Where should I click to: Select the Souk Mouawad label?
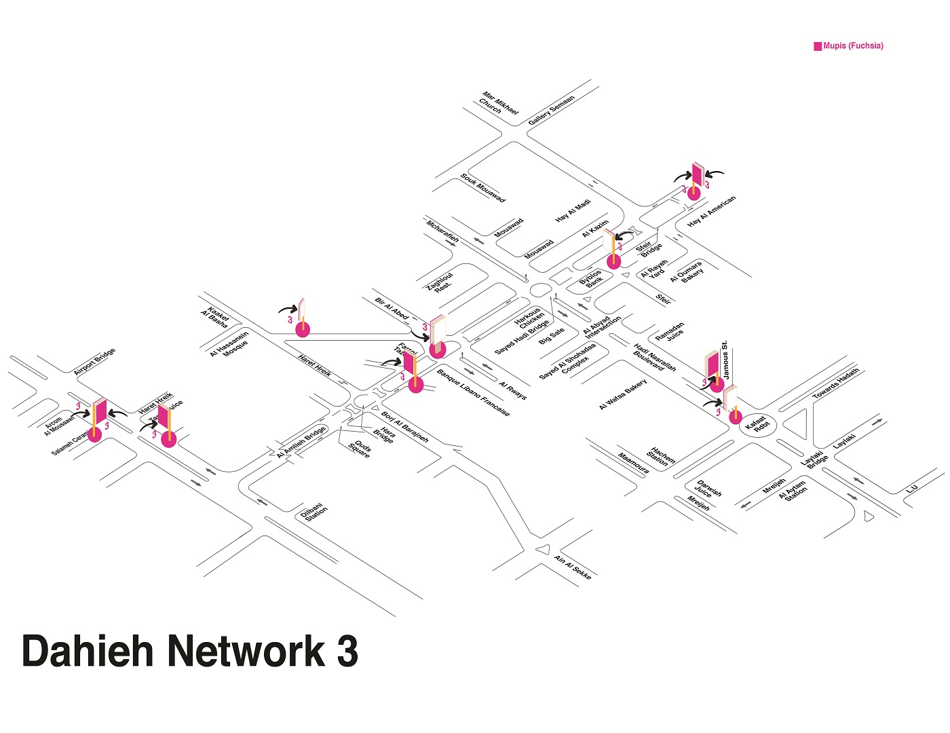pos(482,188)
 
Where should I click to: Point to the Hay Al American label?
pos(711,211)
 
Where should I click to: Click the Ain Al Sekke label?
pos(573,567)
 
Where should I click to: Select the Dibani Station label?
pos(314,512)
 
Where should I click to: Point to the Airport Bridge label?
pos(94,361)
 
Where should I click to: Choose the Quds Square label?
pos(360,449)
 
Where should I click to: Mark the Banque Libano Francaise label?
pos(473,393)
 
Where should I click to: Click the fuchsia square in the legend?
pos(818,46)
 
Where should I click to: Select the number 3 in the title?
pos(347,651)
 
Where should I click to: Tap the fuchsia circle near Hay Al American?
pos(693,193)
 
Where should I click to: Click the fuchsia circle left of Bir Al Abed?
pos(303,330)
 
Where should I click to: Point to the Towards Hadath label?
pos(835,383)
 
